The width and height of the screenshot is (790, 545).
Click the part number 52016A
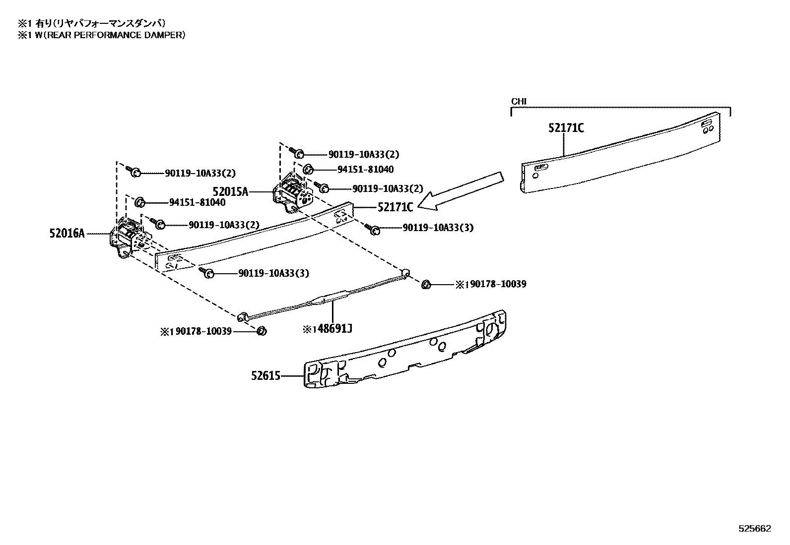click(67, 234)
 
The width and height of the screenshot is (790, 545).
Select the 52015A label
click(230, 192)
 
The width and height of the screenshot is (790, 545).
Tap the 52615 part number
click(265, 376)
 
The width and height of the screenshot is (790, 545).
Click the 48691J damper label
click(334, 329)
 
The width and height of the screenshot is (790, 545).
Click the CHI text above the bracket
click(519, 102)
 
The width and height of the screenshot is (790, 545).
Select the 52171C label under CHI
click(566, 127)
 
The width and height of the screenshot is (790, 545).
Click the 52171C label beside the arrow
click(395, 207)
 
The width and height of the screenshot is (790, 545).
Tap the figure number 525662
click(755, 529)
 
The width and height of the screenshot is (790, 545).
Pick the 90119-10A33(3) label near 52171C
click(438, 228)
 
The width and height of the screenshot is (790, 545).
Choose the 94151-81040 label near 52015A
click(365, 170)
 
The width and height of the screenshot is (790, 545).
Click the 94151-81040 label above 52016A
click(197, 202)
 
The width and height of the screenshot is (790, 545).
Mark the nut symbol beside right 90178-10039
click(426, 284)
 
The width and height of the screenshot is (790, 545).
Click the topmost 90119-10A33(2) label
click(364, 154)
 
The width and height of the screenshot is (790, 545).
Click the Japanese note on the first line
click(92, 24)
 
